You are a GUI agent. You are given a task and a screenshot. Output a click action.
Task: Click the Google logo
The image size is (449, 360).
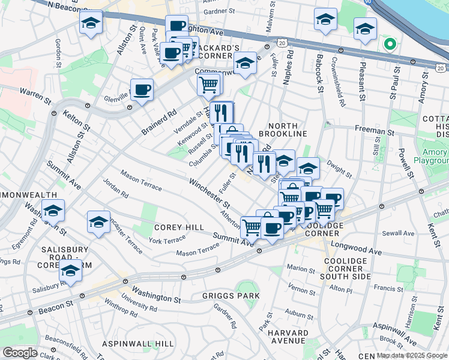[x=20, y=353]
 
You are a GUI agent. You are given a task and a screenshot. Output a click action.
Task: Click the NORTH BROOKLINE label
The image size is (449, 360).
[x=283, y=129]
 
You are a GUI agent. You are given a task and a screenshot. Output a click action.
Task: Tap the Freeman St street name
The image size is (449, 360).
[x=375, y=131]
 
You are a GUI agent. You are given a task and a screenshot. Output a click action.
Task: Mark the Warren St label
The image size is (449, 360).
[x=34, y=93]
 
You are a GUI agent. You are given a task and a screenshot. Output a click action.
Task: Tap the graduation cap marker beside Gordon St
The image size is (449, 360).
[x=91, y=23]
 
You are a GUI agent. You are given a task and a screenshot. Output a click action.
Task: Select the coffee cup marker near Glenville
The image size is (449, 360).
[x=142, y=91]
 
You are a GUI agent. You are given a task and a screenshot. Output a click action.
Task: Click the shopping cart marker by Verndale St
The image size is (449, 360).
[x=208, y=85]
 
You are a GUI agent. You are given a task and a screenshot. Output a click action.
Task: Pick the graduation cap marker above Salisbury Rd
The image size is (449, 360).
[x=71, y=271]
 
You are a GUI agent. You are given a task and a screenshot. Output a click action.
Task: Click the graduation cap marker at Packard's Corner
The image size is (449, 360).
[x=245, y=63]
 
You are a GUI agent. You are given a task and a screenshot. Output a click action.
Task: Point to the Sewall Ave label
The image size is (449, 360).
[x=401, y=233]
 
